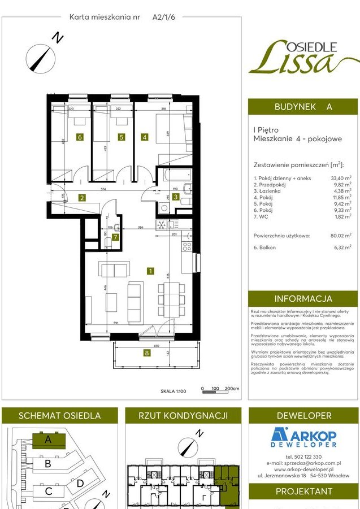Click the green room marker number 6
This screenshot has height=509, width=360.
pos(80,137)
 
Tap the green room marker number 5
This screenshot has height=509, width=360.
pos(121,137)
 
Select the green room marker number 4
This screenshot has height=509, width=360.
pos(145,137)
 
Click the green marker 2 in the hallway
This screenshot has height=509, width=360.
pos(82,198)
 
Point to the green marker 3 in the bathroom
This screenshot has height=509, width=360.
pos(176,197)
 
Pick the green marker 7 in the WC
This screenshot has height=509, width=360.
pos(115,237)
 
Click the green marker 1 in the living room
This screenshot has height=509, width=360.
pos(150,271)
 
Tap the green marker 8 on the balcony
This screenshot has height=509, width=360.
pos(147,354)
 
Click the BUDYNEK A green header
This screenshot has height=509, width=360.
pos(303,106)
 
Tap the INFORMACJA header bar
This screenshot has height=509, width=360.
pos(303,299)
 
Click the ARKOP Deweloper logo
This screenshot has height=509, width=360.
pos(303,437)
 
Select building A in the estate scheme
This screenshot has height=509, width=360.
pos(49,439)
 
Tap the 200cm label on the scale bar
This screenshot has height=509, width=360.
pos(232,389)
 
